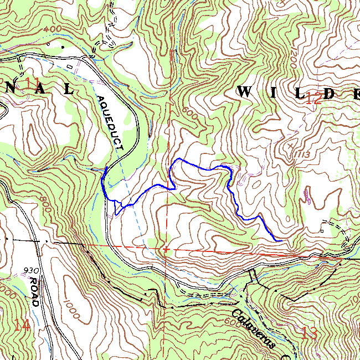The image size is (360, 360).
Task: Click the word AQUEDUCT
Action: (x=110, y=123)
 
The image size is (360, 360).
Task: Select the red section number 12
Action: (x=313, y=99)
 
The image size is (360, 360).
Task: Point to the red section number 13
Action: (x=310, y=333)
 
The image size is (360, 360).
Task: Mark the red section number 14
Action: (x=22, y=325)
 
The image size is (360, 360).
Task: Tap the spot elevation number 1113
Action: (x=302, y=153)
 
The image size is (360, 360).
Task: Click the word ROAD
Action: (x=34, y=291)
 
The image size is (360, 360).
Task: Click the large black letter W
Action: (x=244, y=92)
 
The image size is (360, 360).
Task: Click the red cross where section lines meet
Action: (x=165, y=249)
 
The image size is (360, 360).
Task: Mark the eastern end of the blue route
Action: (x=276, y=240)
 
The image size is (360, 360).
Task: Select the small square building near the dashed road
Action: (x=321, y=230)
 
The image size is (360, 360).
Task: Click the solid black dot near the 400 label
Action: (x=63, y=48)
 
